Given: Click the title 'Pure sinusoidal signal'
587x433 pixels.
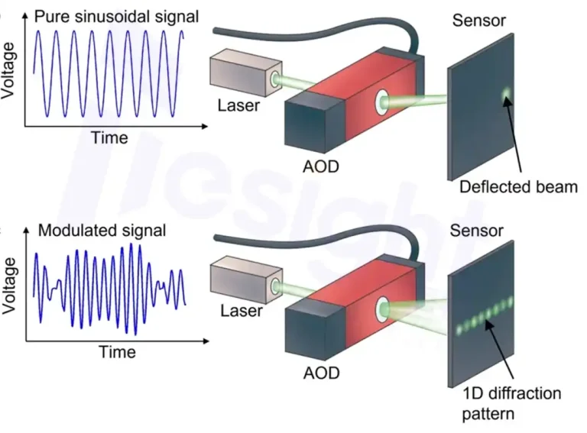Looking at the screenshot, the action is coord(116,18).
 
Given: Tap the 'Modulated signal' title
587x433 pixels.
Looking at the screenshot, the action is coord(102,231).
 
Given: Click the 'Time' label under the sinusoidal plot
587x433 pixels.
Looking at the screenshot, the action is coord(110,137).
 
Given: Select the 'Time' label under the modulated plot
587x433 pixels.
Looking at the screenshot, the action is coord(117,352).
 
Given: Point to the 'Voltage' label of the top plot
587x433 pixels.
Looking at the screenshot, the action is coord(8,71).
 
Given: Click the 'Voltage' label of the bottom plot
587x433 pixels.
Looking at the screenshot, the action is coord(9,286).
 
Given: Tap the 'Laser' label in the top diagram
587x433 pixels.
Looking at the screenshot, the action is coord(238,105).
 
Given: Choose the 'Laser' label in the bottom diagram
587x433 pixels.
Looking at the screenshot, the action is coord(241,311).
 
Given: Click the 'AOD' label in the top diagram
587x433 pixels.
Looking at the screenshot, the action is coord(321,166).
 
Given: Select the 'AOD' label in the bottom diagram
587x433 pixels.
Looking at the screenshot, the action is coord(322,373).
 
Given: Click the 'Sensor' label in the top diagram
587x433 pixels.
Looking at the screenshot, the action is coord(478,21).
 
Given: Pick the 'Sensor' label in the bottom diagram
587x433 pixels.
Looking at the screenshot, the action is coord(476,231).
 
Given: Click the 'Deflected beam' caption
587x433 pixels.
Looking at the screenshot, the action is coord(518,187).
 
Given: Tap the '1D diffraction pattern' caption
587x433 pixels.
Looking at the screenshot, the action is coord(512,403).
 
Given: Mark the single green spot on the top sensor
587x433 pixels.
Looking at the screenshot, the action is coord(506,92).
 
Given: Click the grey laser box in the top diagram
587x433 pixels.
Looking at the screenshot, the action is coord(245,72).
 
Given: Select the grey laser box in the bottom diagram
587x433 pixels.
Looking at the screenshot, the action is coord(246,280).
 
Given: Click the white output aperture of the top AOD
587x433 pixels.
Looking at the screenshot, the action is coord(382,102).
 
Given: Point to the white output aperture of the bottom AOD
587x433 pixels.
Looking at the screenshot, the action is coord(383,309).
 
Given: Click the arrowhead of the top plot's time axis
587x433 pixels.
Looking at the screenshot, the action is coord(204,126).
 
